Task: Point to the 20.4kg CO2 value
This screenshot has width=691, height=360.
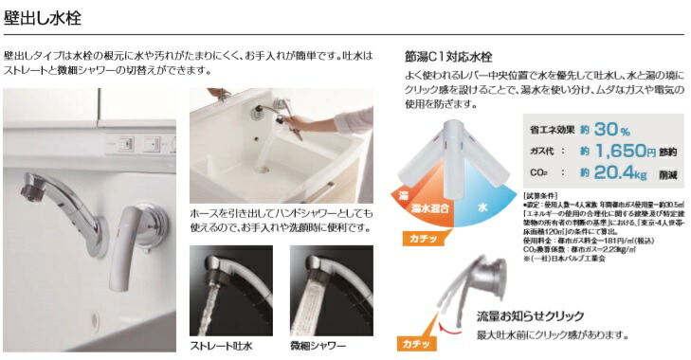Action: tap(602, 172)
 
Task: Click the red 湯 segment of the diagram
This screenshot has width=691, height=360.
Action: tap(403, 194)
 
